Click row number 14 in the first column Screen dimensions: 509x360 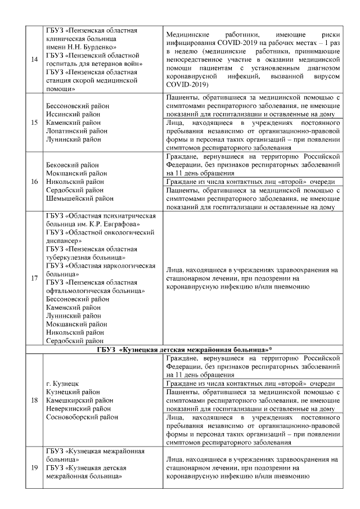pyautogui.click(x=34, y=58)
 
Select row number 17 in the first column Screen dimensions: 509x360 pyautogui.click(x=34, y=278)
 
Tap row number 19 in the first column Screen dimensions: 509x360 pyautogui.click(x=34, y=467)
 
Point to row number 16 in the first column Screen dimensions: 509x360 pyautogui.click(x=34, y=182)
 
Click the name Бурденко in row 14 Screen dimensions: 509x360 pyautogui.click(x=98, y=47)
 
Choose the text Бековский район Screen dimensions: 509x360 pyautogui.click(x=70, y=165)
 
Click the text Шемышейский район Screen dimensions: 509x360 pyautogui.click(x=76, y=199)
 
